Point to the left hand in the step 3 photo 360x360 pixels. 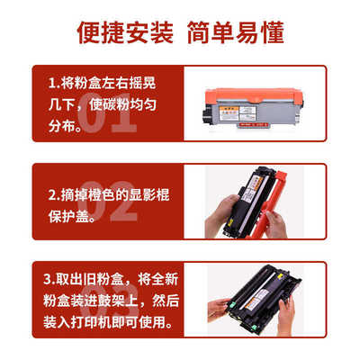pos(219,310)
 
